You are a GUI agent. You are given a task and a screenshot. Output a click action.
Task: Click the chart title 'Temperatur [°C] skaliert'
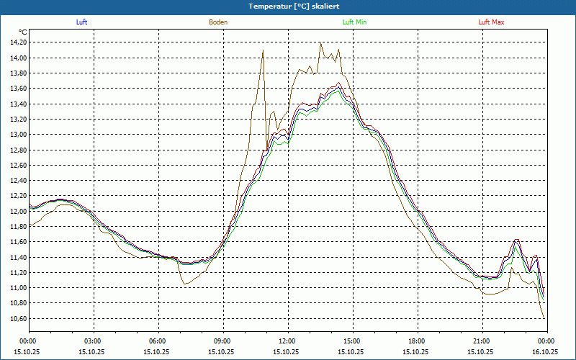[x=288, y=6]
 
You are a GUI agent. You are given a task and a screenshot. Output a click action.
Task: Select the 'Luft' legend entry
[x=81, y=22]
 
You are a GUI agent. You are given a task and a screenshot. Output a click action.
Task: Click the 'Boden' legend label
[x=218, y=22]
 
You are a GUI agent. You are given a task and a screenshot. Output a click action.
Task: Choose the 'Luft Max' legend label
[x=492, y=22]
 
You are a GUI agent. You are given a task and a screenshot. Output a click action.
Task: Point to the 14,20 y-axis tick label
[x=17, y=42]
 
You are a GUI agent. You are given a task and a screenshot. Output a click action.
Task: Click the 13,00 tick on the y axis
[x=17, y=135]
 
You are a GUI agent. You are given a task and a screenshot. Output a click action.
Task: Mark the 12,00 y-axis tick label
[x=17, y=212]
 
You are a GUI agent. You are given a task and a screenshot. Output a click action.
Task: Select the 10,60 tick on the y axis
[x=17, y=319]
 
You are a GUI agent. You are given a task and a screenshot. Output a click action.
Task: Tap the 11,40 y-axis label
[x=17, y=258]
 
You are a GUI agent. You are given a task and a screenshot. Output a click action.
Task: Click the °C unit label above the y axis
[x=23, y=32]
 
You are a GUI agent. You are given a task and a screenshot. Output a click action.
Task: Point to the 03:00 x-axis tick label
[x=93, y=341]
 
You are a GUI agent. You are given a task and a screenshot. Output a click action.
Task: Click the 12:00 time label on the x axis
[x=287, y=341]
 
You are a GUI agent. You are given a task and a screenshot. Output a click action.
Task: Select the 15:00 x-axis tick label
[x=352, y=341]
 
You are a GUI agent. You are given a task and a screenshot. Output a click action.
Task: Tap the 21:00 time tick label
[x=482, y=341]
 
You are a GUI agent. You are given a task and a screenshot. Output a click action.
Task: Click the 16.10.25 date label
[x=546, y=351]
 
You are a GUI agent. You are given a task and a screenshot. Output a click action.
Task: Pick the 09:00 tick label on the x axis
[x=222, y=341]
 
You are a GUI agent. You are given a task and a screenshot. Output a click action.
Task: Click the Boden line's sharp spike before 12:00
[x=264, y=50]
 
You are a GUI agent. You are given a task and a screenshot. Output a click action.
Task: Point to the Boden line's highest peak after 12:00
[x=321, y=43]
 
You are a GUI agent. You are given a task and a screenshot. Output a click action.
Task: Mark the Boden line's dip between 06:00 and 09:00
[x=184, y=284]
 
